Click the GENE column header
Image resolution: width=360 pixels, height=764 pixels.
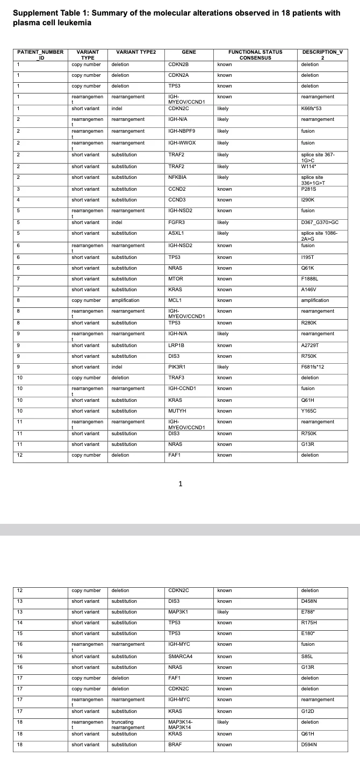[x=189, y=52]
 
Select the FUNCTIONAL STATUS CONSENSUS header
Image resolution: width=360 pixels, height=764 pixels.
[x=255, y=55]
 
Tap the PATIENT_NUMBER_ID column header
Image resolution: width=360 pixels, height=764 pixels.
[x=40, y=55]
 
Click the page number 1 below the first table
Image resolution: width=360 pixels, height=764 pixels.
[x=181, y=484]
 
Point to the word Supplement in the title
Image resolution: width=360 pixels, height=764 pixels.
[x=33, y=13]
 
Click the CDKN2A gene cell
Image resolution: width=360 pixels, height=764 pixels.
[x=178, y=75]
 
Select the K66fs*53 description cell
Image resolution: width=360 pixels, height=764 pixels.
[x=312, y=109]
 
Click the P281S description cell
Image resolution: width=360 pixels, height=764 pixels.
[x=309, y=189]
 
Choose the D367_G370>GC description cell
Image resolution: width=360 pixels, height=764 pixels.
[x=320, y=222]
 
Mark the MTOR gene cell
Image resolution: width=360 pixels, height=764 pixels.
[x=176, y=279]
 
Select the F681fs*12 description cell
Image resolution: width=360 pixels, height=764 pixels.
[x=313, y=367]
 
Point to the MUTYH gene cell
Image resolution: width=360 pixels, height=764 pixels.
[x=177, y=411]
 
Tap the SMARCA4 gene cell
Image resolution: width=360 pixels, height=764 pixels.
[x=181, y=657]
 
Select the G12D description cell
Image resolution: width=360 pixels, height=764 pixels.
[x=308, y=711]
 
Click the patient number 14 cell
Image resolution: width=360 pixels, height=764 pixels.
[x=19, y=623]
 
